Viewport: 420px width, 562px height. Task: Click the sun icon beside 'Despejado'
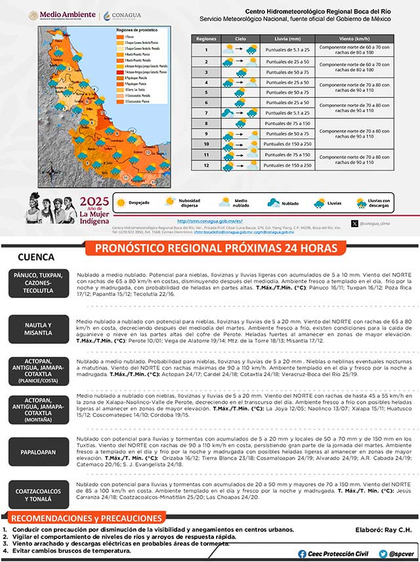click(x=121, y=203)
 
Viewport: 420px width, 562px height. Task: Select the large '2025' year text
click(x=93, y=202)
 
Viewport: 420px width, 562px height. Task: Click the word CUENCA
click(x=37, y=257)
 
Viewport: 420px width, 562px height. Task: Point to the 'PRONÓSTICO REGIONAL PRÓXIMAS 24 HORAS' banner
click(x=217, y=248)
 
